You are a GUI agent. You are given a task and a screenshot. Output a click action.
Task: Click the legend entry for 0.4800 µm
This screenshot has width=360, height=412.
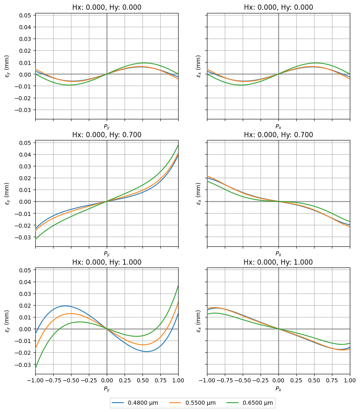coord(139,403)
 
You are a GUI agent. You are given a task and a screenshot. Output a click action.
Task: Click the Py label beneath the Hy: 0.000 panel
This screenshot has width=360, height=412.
coord(107,127)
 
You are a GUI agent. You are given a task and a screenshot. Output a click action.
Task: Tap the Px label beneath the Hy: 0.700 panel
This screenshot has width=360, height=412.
coord(278,254)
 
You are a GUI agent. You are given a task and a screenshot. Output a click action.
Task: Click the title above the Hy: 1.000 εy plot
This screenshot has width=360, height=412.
coord(107,262)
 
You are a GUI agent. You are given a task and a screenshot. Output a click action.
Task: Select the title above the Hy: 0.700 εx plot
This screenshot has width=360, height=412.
coord(278,135)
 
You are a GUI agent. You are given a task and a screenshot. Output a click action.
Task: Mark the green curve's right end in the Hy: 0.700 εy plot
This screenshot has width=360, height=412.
coord(178,145)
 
